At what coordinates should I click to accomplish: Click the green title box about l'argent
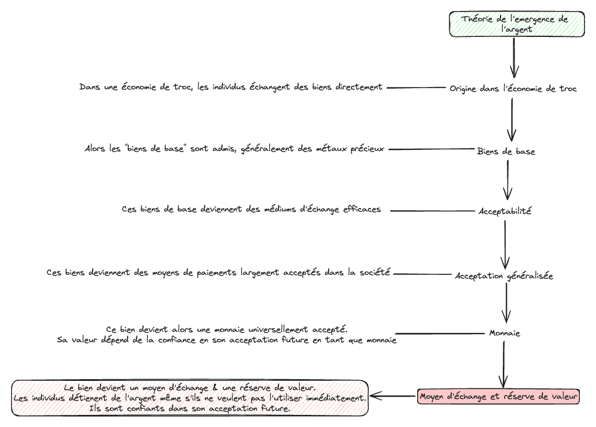point(517,24)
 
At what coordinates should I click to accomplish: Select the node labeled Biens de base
point(506,152)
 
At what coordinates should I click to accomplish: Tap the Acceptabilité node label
point(505,211)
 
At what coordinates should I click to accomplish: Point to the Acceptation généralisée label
point(504,276)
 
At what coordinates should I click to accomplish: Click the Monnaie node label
point(505,333)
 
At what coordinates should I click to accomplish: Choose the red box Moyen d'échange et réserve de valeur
point(498,396)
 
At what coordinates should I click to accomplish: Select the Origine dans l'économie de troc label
point(513,89)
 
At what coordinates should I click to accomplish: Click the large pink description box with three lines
point(190,398)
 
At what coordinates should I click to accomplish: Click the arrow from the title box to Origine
point(514,57)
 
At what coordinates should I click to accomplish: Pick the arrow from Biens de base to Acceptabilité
point(507,180)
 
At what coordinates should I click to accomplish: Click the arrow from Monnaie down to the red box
point(503,364)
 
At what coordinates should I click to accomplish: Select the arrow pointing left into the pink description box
point(393,396)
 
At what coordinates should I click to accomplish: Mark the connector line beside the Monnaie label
point(440,334)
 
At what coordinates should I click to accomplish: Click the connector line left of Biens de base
point(432,149)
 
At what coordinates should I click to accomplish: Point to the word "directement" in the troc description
point(359,87)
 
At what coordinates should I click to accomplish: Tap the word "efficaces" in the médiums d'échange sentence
point(362,209)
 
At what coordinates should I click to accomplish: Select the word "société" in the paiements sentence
point(375,272)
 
